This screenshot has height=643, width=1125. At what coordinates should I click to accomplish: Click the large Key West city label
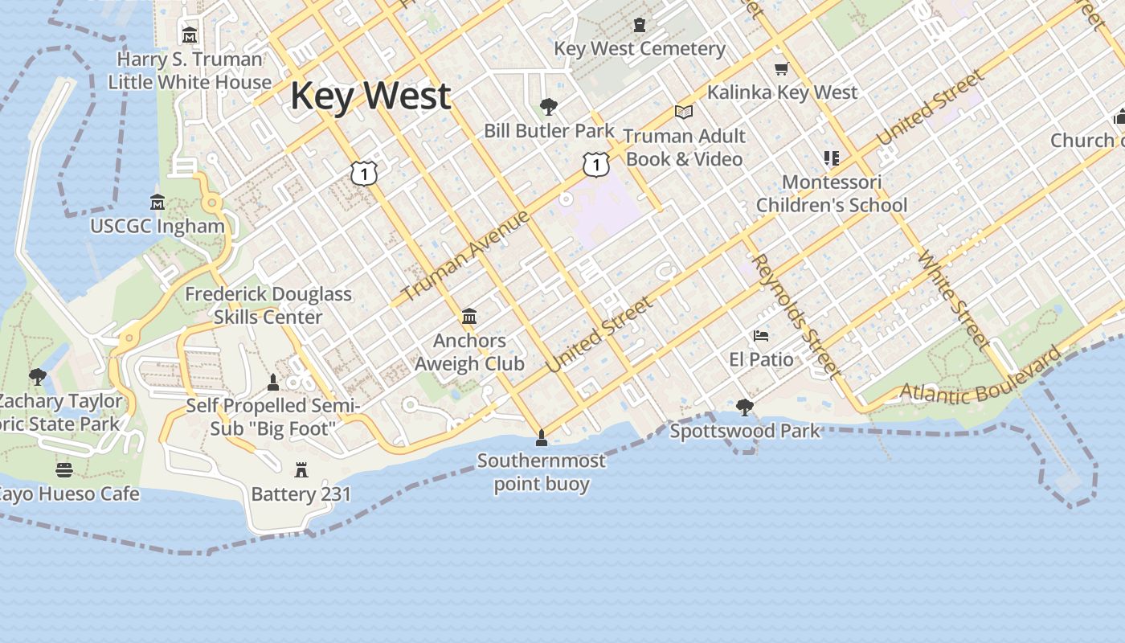tap(370, 96)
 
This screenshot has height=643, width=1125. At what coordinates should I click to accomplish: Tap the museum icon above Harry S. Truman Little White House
tap(190, 35)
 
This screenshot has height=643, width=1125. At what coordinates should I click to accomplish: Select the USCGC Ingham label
tap(157, 226)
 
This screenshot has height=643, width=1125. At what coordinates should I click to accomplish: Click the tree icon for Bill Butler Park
tap(550, 106)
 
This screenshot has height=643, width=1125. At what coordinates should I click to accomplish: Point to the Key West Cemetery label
tap(640, 48)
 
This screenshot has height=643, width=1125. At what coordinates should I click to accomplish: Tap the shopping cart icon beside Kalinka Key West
tap(781, 69)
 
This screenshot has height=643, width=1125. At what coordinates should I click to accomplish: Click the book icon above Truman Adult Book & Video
tap(684, 113)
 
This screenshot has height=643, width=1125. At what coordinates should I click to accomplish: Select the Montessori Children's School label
tap(832, 194)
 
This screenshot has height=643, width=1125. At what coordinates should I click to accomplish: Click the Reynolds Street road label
tap(796, 315)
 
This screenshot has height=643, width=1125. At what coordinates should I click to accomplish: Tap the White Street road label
tap(953, 300)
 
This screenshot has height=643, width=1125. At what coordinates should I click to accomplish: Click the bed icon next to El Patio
tap(761, 335)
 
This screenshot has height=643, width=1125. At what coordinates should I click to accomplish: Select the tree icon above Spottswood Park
tap(745, 407)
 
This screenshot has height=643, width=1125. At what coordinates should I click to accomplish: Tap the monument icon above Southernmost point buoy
tap(542, 437)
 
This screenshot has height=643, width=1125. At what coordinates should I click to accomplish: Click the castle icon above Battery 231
tap(301, 469)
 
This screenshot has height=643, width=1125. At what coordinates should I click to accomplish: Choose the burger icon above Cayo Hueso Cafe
tap(64, 469)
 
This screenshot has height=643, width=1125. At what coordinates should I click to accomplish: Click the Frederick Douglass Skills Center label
tap(268, 305)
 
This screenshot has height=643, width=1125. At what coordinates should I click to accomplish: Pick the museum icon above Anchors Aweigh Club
tap(469, 317)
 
